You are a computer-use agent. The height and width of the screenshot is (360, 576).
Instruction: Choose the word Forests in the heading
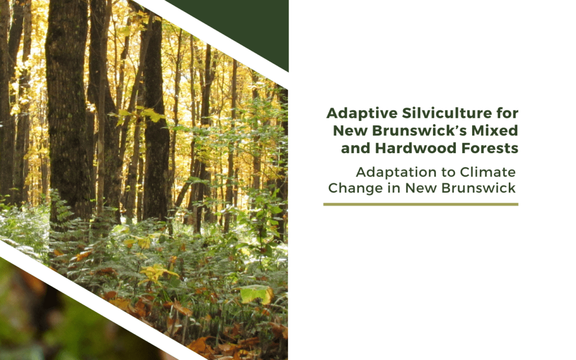(x=491, y=148)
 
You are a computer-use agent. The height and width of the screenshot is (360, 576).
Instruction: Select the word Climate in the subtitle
(x=490, y=172)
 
